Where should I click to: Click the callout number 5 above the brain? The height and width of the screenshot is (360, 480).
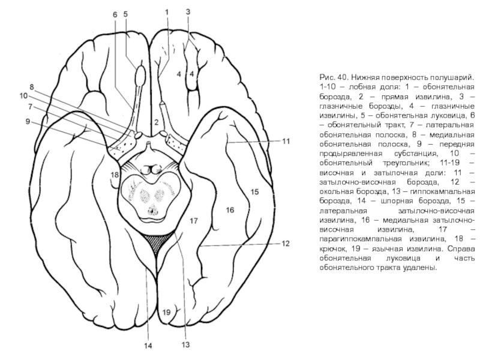(125, 13)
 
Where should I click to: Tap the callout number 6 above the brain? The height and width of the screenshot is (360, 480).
(115, 13)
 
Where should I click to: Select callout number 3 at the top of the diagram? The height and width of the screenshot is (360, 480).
(188, 11)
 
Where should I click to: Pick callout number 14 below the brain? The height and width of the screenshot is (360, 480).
(146, 346)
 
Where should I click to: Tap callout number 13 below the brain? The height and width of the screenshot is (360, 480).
(186, 345)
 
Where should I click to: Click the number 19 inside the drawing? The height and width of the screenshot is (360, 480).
(166, 311)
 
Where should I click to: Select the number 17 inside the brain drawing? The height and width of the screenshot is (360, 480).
(193, 221)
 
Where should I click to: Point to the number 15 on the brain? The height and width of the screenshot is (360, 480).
(254, 192)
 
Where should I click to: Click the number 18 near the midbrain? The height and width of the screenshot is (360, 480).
(114, 175)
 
